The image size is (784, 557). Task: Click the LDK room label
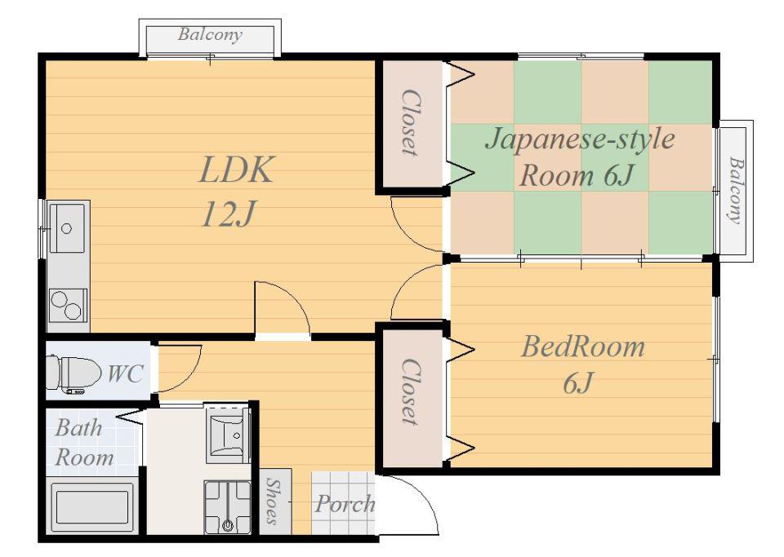click(237, 170)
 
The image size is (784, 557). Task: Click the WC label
click(126, 374)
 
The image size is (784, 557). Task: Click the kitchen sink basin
click(67, 228)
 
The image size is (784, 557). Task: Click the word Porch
click(345, 504)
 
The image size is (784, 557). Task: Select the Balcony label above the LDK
click(210, 34)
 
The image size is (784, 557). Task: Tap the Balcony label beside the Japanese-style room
click(735, 191)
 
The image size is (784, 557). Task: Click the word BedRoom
click(583, 347)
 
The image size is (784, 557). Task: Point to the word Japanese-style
click(580, 139)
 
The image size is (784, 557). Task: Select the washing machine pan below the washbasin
click(228, 507)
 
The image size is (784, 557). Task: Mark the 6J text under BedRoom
click(578, 383)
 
